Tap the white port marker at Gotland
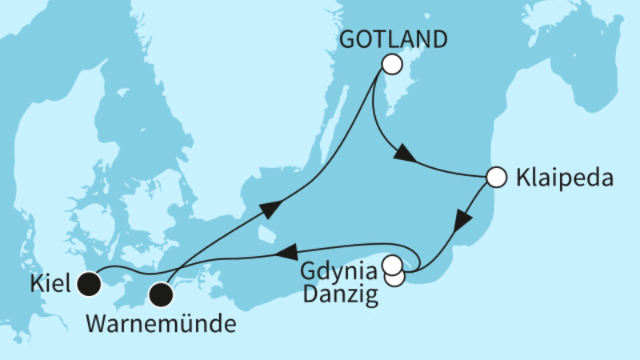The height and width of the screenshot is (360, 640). click(391, 64)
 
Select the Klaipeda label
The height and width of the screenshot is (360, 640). click(563, 178)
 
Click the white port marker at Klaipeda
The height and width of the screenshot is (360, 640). click(496, 177)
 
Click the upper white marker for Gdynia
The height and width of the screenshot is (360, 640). click(393, 264)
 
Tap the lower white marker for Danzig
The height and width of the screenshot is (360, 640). click(395, 277)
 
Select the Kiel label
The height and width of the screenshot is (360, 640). click(53, 282)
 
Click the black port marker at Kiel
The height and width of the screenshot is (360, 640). click(88, 282)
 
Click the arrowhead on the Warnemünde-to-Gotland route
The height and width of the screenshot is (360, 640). click(271, 209)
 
